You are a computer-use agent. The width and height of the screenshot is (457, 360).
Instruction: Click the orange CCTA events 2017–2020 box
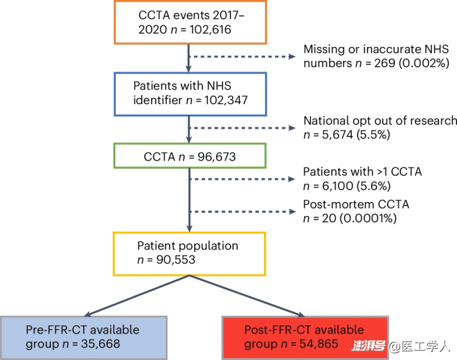pos(190,22)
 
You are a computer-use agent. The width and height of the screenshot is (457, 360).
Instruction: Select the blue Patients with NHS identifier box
pos(190,94)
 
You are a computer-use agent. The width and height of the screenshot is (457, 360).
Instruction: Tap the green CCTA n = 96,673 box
pos(189,156)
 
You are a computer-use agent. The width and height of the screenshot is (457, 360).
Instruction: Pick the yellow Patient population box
pos(189,254)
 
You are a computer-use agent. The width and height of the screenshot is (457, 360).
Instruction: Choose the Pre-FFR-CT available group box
pos(83,338)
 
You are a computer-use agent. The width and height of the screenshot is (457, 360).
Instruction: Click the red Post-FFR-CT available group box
pos(305,338)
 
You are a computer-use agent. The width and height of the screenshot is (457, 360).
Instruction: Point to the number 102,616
pos(210,30)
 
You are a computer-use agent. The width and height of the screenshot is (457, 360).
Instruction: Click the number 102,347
pos(226,100)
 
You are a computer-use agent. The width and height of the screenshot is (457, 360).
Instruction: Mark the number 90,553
pos(176,260)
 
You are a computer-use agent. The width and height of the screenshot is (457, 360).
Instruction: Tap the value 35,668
pos(101,344)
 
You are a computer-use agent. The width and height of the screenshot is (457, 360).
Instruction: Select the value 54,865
pos(319,344)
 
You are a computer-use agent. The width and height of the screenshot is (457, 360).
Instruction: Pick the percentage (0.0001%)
pos(368,218)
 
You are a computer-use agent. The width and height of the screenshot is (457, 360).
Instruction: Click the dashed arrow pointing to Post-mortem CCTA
pos(243,211)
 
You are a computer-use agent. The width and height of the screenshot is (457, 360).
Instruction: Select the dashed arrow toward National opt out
pos(242,128)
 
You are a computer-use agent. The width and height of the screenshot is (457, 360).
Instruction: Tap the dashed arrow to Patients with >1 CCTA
pos(242,179)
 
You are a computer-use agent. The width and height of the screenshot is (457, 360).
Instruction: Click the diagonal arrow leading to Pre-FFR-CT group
pos(136,296)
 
